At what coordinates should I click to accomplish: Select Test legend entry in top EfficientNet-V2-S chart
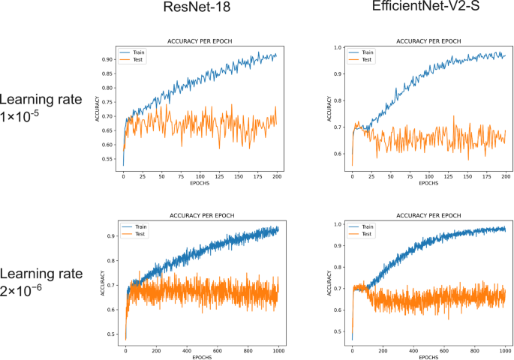367,61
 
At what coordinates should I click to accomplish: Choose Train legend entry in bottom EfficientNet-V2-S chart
368,225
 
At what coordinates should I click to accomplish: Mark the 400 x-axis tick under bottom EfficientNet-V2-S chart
413,350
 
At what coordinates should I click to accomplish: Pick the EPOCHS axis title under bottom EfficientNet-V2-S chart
428,357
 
